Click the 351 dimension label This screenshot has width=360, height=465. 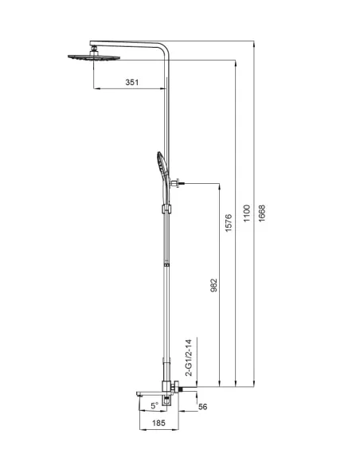click(x=132, y=82)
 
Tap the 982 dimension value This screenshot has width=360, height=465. click(x=213, y=285)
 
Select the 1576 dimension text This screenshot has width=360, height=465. click(x=229, y=223)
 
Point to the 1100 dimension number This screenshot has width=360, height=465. click(x=247, y=213)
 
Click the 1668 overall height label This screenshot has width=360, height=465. click(x=262, y=213)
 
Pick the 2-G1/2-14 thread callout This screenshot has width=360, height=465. click(x=189, y=358)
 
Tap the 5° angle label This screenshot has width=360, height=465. click(x=155, y=406)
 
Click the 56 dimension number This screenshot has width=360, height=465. click(x=203, y=406)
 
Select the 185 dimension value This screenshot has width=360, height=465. click(x=158, y=423)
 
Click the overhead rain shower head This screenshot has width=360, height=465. click(x=94, y=57)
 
